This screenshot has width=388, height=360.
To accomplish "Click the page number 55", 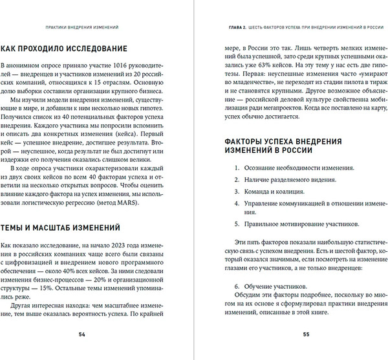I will point(307,335).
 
